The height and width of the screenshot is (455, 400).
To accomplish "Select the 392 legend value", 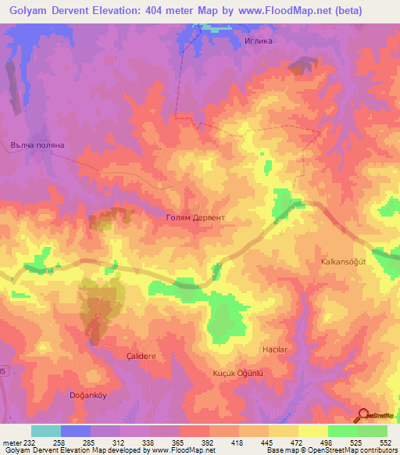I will tap(209, 442).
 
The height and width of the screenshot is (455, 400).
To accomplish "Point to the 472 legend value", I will tap(298, 442).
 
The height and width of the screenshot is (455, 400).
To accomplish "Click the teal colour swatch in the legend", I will tap(46, 431).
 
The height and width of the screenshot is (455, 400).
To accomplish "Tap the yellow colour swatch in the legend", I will tap(313, 431).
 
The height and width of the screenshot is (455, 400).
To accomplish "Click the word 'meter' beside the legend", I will tap(12, 442).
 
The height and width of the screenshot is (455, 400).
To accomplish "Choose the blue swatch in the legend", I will tap(76, 431).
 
